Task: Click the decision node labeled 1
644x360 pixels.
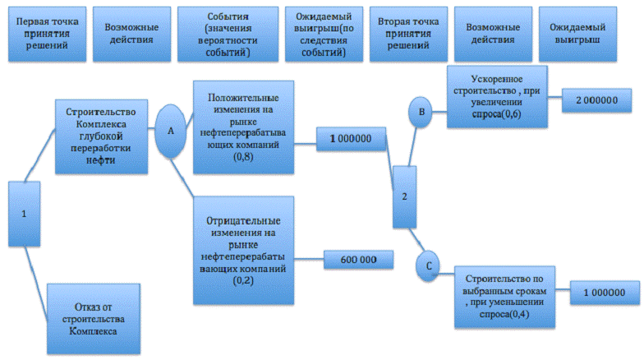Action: (25, 214)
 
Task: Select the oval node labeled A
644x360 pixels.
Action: (171, 132)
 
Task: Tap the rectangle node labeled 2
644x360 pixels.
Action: (404, 197)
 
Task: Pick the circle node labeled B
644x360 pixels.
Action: (421, 112)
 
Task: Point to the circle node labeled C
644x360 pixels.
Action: (427, 266)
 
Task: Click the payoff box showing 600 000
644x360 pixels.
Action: (358, 260)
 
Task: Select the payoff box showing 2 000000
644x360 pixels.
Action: (596, 100)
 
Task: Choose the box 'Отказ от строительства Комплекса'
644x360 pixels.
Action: (94, 319)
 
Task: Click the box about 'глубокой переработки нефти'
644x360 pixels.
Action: (102, 136)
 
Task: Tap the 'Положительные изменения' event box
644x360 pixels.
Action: (243, 127)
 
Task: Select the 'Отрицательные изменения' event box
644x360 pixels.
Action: (243, 250)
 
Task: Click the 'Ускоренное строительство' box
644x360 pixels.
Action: (497, 97)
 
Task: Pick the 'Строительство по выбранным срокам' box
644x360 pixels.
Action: (504, 297)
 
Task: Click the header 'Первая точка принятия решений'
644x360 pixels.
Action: (48, 35)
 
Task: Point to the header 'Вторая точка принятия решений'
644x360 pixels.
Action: (409, 35)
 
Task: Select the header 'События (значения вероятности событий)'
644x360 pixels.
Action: (228, 35)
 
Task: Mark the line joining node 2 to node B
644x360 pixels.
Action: (412, 146)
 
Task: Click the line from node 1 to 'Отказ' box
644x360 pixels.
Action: (37, 284)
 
